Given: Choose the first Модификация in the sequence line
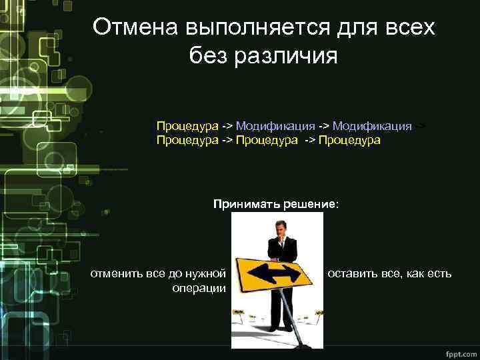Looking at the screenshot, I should point(275,125).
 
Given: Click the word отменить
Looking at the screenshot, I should point(115,273).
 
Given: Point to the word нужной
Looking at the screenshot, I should point(206,273).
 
